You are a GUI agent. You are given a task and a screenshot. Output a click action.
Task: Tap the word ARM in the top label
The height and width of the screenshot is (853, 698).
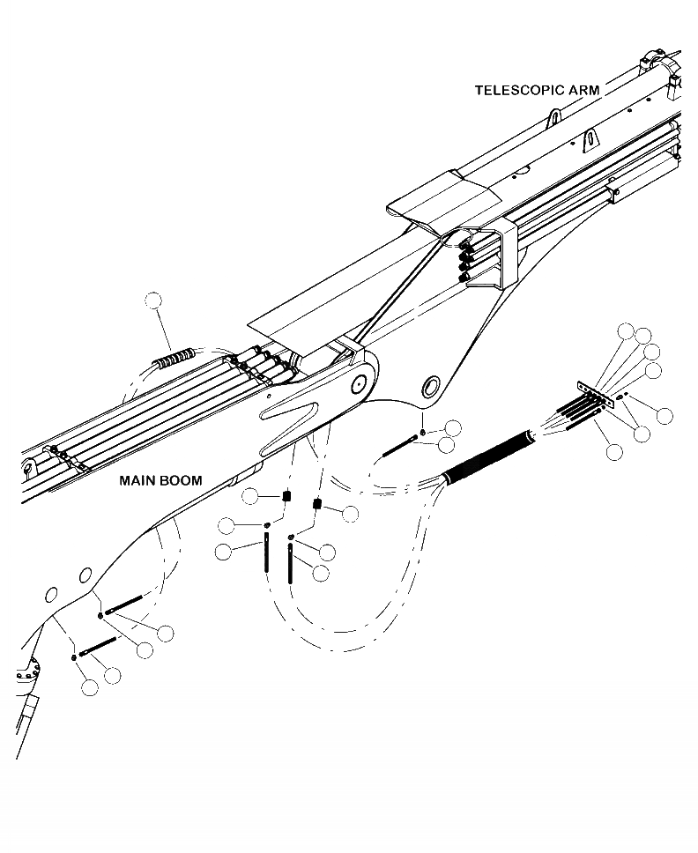click(582, 90)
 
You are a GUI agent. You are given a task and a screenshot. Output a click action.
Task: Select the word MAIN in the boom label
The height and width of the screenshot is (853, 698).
click(138, 481)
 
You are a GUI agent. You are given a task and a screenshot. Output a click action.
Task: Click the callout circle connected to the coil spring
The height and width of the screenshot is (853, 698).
click(154, 300)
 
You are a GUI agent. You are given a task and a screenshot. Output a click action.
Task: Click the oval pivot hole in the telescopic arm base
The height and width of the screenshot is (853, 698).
click(431, 386)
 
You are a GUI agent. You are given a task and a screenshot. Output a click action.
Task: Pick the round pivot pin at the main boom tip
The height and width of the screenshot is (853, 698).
click(359, 384)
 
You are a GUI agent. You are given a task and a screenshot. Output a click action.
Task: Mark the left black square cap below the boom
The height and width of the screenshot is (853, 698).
click(286, 498)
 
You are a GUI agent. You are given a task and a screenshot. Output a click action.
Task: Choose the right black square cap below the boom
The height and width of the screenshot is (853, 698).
click(318, 505)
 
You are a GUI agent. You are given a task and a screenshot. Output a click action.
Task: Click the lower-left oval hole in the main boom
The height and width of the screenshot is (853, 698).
click(51, 595)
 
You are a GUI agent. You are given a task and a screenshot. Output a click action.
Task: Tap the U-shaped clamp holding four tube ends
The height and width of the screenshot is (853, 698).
click(494, 256)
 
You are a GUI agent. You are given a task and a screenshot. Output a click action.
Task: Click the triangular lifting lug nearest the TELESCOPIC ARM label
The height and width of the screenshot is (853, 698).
click(554, 117)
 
